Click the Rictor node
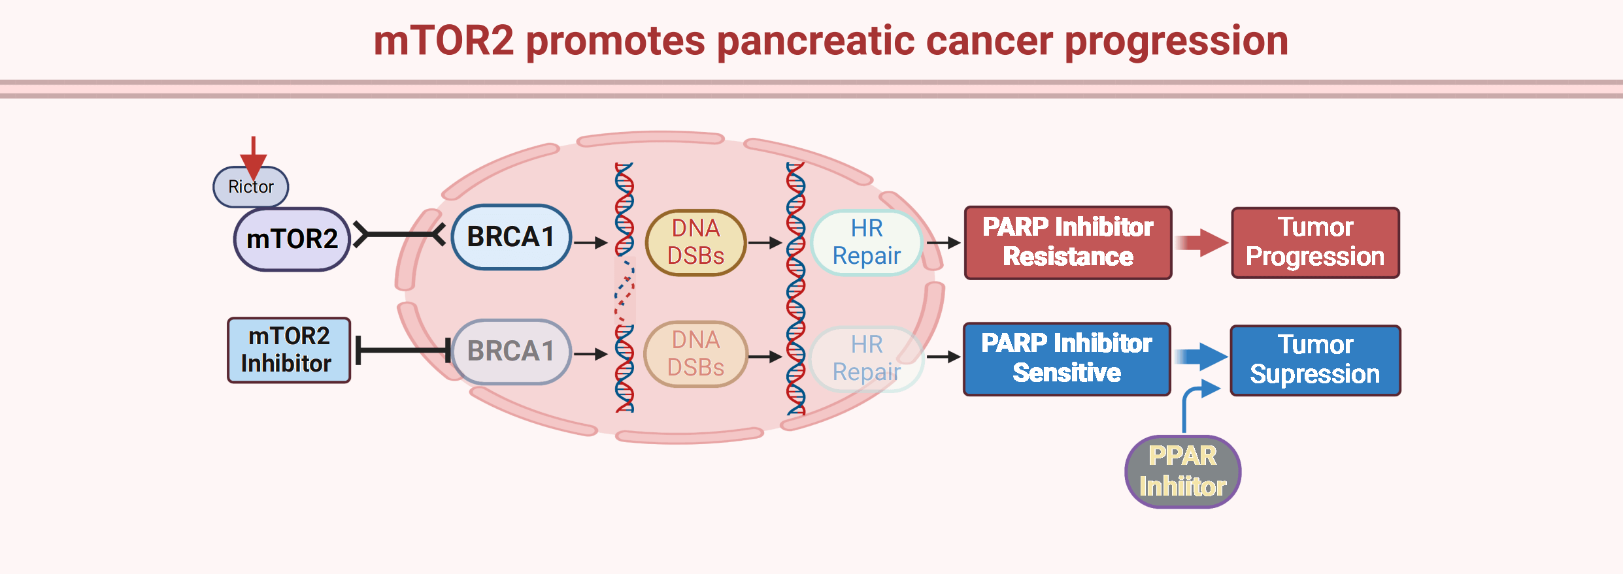coord(251,187)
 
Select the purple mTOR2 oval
coord(292,239)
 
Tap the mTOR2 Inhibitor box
coord(288,350)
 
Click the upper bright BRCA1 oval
coord(510,237)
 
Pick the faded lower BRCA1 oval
coord(510,351)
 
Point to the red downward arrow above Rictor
coord(253,156)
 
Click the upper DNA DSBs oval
coord(695,242)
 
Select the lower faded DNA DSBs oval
coord(695,354)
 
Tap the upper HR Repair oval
coord(866,242)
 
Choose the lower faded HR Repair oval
coord(866,359)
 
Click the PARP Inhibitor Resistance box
coord(1067,242)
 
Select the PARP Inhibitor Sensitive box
coord(1066,359)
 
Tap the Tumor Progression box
coord(1315,242)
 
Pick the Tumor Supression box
coord(1315,360)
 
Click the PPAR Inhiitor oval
coord(1182,471)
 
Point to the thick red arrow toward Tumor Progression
coord(1203,243)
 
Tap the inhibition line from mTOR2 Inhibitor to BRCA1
coord(402,351)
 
